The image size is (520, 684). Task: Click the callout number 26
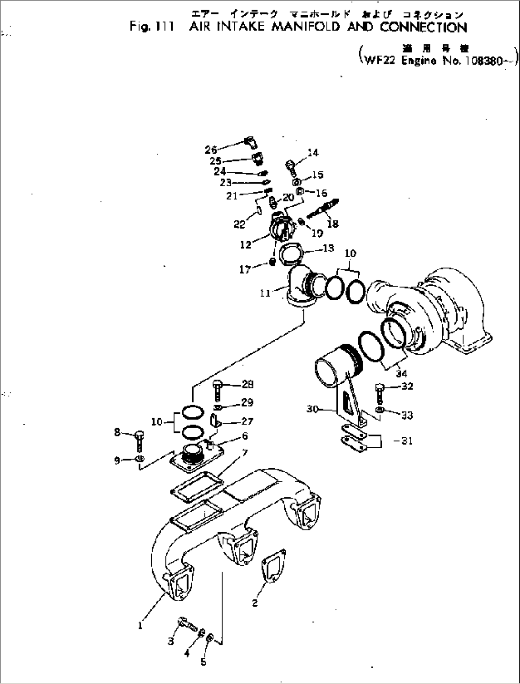(211, 150)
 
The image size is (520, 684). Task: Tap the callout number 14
(313, 153)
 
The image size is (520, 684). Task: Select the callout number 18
(333, 223)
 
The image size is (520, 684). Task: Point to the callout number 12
(245, 245)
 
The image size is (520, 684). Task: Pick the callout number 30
(313, 409)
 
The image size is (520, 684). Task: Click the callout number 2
(255, 603)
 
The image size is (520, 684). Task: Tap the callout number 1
(140, 626)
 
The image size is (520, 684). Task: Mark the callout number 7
(245, 452)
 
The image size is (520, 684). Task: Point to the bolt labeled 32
(380, 391)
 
